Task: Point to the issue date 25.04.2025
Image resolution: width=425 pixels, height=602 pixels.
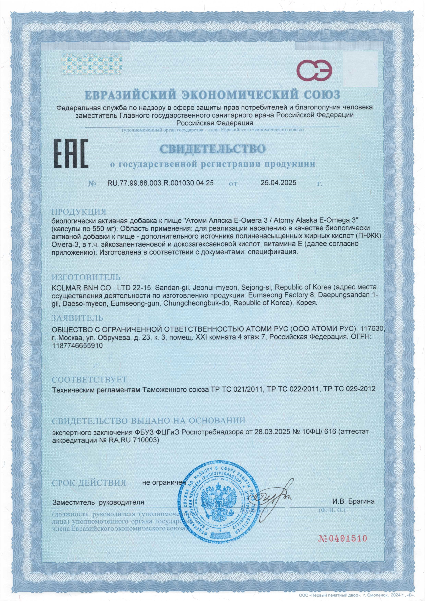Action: [278, 183]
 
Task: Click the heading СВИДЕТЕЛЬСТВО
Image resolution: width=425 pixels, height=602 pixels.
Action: [212, 149]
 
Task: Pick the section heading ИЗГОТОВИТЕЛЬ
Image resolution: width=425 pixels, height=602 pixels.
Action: [86, 277]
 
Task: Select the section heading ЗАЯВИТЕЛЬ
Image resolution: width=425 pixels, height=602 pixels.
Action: [78, 318]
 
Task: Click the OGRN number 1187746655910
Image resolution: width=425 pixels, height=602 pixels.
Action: [78, 346]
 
